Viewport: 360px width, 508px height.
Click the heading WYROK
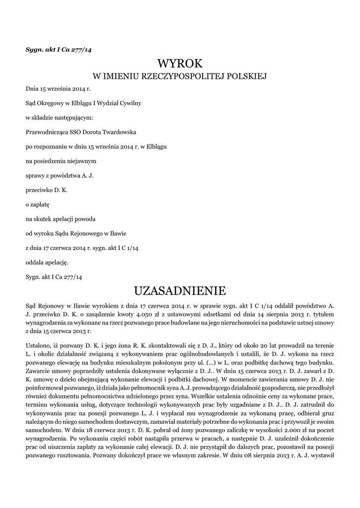coord(180,63)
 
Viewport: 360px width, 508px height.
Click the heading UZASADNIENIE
coord(180,290)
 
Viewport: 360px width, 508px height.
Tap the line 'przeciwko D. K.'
coord(46,190)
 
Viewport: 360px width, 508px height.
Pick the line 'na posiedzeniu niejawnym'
coord(61,161)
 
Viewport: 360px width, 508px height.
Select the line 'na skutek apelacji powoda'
coord(61,218)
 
